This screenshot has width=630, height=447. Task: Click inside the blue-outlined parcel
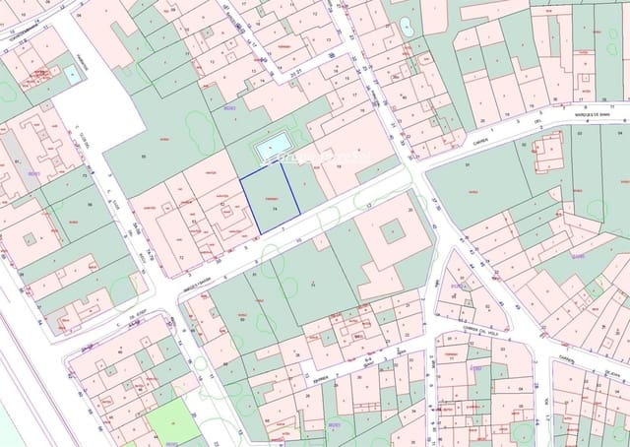[268, 199]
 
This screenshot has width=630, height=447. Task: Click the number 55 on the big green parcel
[144, 158]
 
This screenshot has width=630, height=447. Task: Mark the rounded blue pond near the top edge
[407, 28]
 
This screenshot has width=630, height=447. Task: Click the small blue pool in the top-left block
[72, 73]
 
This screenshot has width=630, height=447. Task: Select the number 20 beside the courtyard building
[409, 210]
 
